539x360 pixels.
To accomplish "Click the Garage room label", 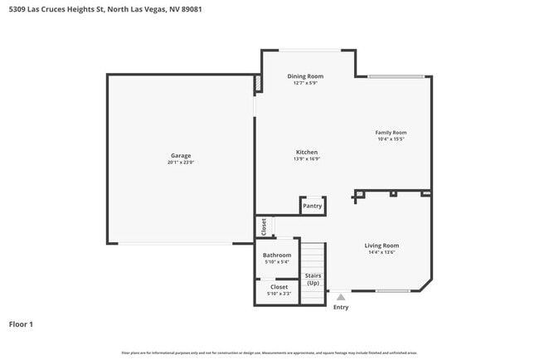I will coord(181,156).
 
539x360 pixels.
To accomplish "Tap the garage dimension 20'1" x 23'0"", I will coord(181,163).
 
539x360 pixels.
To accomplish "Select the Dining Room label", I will coord(305,76).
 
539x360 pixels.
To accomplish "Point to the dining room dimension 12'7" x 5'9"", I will coord(305,83).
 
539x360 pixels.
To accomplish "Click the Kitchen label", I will coord(307,152).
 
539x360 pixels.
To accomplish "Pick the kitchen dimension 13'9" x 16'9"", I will coord(307,159).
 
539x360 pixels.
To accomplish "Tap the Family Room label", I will coord(391,133).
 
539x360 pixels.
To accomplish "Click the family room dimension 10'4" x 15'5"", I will coord(391,139).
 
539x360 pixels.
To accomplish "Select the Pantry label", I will coord(313,206).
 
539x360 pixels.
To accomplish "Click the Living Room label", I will coord(382,246).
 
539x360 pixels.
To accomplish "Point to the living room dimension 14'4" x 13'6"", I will coord(382,252).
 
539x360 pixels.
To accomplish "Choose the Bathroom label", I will coord(277,255).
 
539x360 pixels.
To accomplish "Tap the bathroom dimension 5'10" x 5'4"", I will coord(277,261).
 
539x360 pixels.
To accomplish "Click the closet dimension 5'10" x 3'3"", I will coord(279,294).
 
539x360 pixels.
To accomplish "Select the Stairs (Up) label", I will coord(313,279).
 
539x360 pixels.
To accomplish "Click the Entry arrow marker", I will coord(340,296).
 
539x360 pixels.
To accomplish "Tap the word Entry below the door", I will coord(341,307).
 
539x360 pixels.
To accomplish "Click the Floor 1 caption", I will coord(21,324).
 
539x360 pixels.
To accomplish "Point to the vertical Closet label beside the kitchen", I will coord(264,226).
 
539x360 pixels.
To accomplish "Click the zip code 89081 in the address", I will coord(190,9).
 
